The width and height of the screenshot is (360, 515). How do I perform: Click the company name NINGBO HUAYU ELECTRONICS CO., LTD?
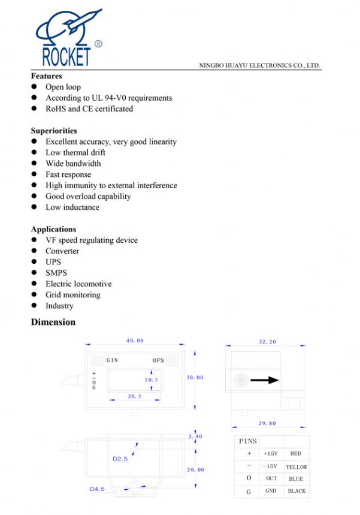(259, 65)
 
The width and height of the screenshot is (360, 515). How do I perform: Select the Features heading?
(46, 76)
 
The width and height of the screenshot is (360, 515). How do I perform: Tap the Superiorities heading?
(54, 131)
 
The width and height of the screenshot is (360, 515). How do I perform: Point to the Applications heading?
(53, 229)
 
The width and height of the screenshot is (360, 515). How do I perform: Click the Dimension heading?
(53, 322)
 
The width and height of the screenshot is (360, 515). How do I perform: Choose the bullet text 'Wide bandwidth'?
(73, 164)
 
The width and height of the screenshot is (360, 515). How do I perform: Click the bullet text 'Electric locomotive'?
(78, 284)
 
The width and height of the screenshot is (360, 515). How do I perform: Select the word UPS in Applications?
(53, 262)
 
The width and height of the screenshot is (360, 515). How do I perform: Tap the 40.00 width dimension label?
(135, 341)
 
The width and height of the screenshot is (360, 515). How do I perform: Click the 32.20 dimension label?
(267, 341)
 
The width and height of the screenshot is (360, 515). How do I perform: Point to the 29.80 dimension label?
(267, 423)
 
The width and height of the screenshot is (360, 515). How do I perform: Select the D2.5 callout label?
(120, 459)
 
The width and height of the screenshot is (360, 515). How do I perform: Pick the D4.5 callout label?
(97, 489)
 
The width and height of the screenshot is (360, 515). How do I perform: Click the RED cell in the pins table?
(295, 454)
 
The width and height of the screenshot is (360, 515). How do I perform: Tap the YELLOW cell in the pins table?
(297, 466)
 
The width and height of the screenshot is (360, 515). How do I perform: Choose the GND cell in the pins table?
(271, 490)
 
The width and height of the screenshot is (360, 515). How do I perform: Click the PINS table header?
(248, 441)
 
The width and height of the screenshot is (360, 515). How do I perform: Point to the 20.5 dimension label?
(134, 396)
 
